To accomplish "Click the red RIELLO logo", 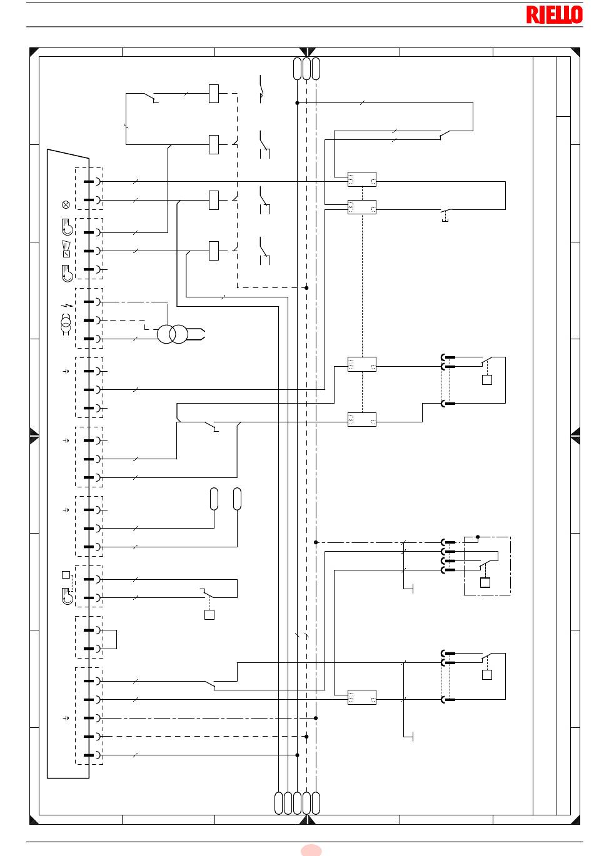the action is click(x=554, y=15).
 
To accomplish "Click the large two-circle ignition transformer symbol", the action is click(x=173, y=334).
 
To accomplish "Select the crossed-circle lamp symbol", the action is click(x=66, y=205).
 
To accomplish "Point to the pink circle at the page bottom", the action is click(x=311, y=850).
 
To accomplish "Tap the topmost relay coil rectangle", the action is click(x=214, y=94).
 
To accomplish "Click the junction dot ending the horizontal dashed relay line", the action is click(x=306, y=288).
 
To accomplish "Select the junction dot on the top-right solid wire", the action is click(x=297, y=103).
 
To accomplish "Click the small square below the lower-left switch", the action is click(x=209, y=615).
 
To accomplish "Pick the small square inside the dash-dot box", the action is click(x=485, y=582).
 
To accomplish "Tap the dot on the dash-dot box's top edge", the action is click(x=477, y=537).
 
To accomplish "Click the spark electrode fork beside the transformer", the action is click(x=196, y=334).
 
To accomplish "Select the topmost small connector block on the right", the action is click(x=362, y=179).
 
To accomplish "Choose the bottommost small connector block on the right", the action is click(x=362, y=697).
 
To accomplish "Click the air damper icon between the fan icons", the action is click(x=66, y=249).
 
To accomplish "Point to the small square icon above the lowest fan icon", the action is click(x=66, y=575).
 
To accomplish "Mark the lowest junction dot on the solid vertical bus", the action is click(x=297, y=755).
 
